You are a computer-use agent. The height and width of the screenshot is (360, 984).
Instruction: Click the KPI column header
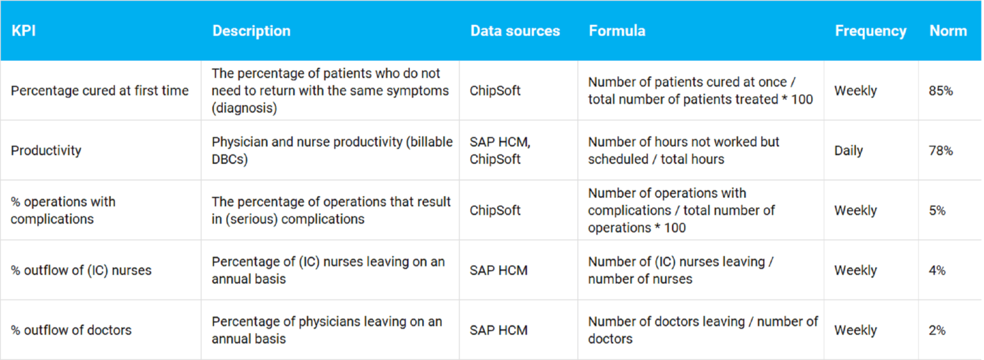(23, 31)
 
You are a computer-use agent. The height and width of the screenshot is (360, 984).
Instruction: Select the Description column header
(251, 31)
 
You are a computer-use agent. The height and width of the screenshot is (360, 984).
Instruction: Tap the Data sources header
(515, 31)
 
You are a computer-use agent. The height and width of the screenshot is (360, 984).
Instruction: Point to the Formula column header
(617, 31)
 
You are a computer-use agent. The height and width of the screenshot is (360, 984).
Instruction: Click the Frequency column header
(870, 31)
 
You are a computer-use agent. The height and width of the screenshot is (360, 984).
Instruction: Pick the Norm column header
(948, 31)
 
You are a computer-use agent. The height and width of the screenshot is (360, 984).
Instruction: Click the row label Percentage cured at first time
(100, 91)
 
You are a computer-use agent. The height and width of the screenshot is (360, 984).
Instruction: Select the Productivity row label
(46, 151)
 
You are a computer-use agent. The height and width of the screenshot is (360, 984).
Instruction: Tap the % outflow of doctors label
(71, 331)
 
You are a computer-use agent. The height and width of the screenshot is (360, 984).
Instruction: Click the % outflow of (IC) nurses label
(81, 270)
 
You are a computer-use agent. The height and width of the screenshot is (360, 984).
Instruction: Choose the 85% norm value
(940, 91)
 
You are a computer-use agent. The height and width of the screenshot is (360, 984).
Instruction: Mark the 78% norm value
(940, 151)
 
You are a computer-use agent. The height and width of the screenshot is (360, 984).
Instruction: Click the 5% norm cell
(937, 210)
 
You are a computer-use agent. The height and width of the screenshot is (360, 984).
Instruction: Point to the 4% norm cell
(937, 270)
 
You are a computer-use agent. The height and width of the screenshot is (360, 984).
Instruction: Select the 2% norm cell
(937, 331)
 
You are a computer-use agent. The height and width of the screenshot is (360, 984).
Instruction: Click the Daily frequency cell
(848, 151)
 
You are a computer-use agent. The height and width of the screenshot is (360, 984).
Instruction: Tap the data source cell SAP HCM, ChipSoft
(500, 151)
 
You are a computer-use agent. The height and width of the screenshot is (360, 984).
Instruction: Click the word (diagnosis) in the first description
(244, 108)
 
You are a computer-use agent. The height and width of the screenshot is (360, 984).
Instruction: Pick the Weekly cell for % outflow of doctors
(855, 331)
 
